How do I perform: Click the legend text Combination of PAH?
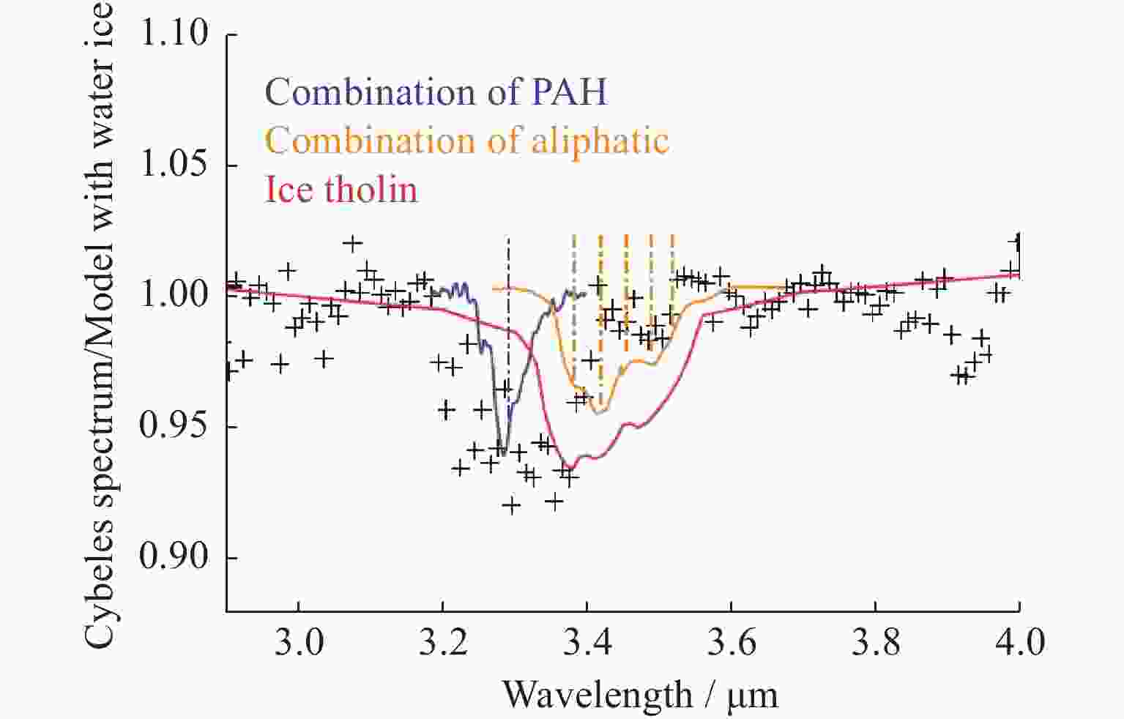tap(436, 92)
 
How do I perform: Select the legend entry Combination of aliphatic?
tap(467, 141)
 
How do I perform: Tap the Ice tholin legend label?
tap(341, 190)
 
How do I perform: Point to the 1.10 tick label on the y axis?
tap(174, 34)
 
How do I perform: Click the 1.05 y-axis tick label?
tap(174, 165)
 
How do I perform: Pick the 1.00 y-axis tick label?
tap(174, 296)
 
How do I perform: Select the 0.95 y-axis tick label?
tap(174, 427)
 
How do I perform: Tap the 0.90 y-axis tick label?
tap(174, 558)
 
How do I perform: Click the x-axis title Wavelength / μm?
tap(639, 694)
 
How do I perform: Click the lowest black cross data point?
tap(512, 505)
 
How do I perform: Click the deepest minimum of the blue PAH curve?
tap(503, 454)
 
